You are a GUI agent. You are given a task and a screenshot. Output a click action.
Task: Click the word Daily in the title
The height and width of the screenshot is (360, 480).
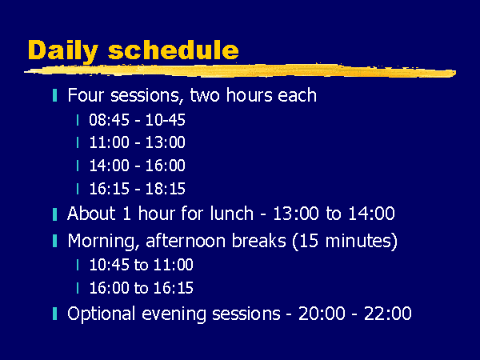point(63,50)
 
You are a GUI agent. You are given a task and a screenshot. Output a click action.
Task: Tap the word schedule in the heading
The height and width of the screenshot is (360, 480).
point(174,50)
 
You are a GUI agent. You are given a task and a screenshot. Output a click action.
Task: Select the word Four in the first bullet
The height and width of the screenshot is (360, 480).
point(86,95)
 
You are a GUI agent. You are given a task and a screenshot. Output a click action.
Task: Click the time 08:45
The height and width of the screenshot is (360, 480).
point(110,120)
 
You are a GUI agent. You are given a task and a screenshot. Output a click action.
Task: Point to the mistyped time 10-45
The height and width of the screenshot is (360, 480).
point(166,120)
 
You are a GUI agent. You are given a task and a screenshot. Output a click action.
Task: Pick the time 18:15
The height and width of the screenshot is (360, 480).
point(166,189)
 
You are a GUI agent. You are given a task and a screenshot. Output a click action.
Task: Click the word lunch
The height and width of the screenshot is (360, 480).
point(232,213)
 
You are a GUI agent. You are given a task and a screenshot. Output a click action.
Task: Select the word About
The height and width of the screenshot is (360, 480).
point(91,213)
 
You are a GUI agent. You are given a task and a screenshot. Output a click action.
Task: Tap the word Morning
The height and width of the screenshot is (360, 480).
point(102,242)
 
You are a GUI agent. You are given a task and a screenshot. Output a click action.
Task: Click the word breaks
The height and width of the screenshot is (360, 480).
point(258,240)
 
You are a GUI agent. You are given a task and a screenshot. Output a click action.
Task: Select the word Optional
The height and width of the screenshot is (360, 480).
point(102,314)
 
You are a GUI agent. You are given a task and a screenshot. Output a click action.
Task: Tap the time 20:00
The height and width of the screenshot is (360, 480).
point(322,314)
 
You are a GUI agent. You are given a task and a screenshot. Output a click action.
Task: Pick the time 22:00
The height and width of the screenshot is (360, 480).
point(388,314)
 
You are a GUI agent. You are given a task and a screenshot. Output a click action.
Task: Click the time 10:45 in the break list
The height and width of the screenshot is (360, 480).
point(110,265)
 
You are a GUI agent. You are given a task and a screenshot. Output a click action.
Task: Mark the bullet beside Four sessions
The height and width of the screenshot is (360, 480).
point(54,95)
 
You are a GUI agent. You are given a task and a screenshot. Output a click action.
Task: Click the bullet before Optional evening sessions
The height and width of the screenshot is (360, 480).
point(54,314)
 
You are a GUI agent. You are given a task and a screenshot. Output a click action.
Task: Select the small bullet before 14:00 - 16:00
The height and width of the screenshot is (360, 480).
point(78,166)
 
